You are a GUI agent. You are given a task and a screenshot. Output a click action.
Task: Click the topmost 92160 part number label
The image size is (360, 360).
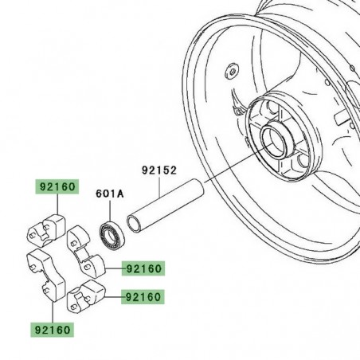click(x=56, y=188)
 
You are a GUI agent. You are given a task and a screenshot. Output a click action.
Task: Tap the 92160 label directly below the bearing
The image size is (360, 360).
click(x=141, y=269)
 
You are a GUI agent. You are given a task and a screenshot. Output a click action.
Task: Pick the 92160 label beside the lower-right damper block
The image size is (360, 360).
click(x=141, y=297)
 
